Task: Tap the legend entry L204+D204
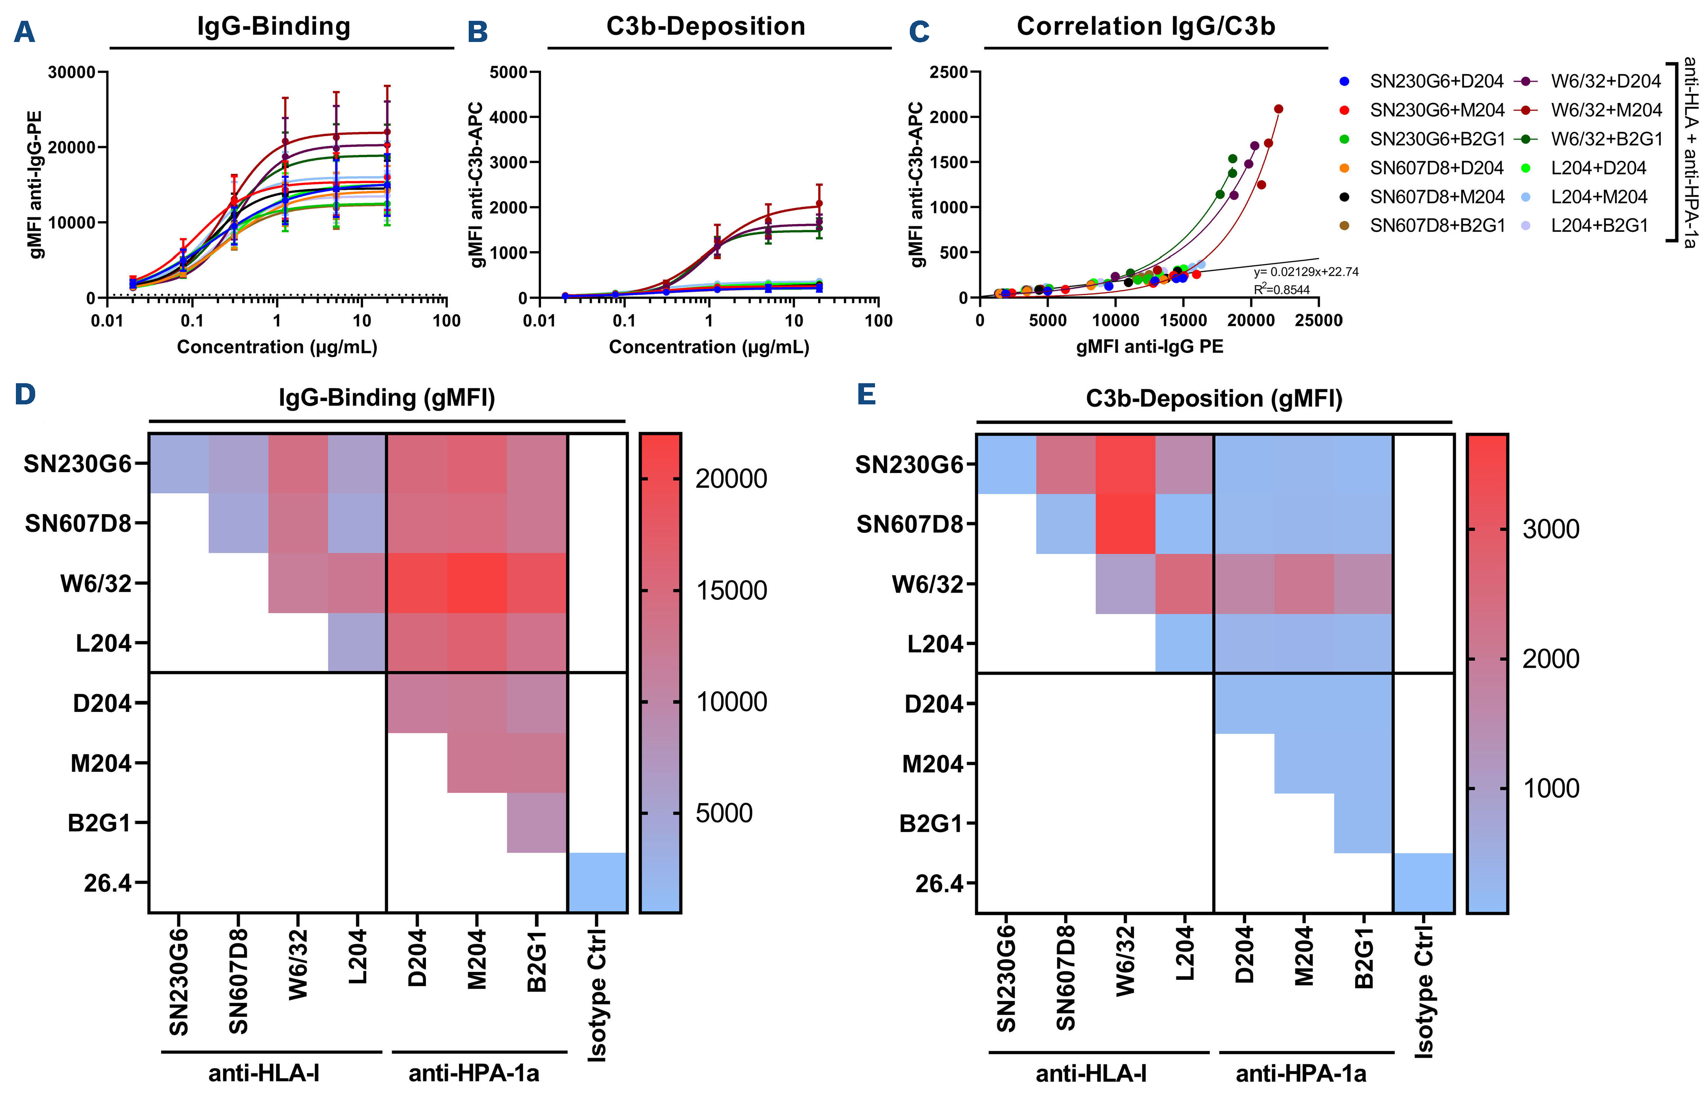1598,168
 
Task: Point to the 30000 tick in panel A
71,73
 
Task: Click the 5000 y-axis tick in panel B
508,73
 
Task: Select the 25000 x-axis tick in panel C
1318,320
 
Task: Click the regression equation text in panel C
1305,272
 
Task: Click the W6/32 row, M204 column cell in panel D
477,583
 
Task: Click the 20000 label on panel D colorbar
731,480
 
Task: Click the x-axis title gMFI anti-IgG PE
1149,347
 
